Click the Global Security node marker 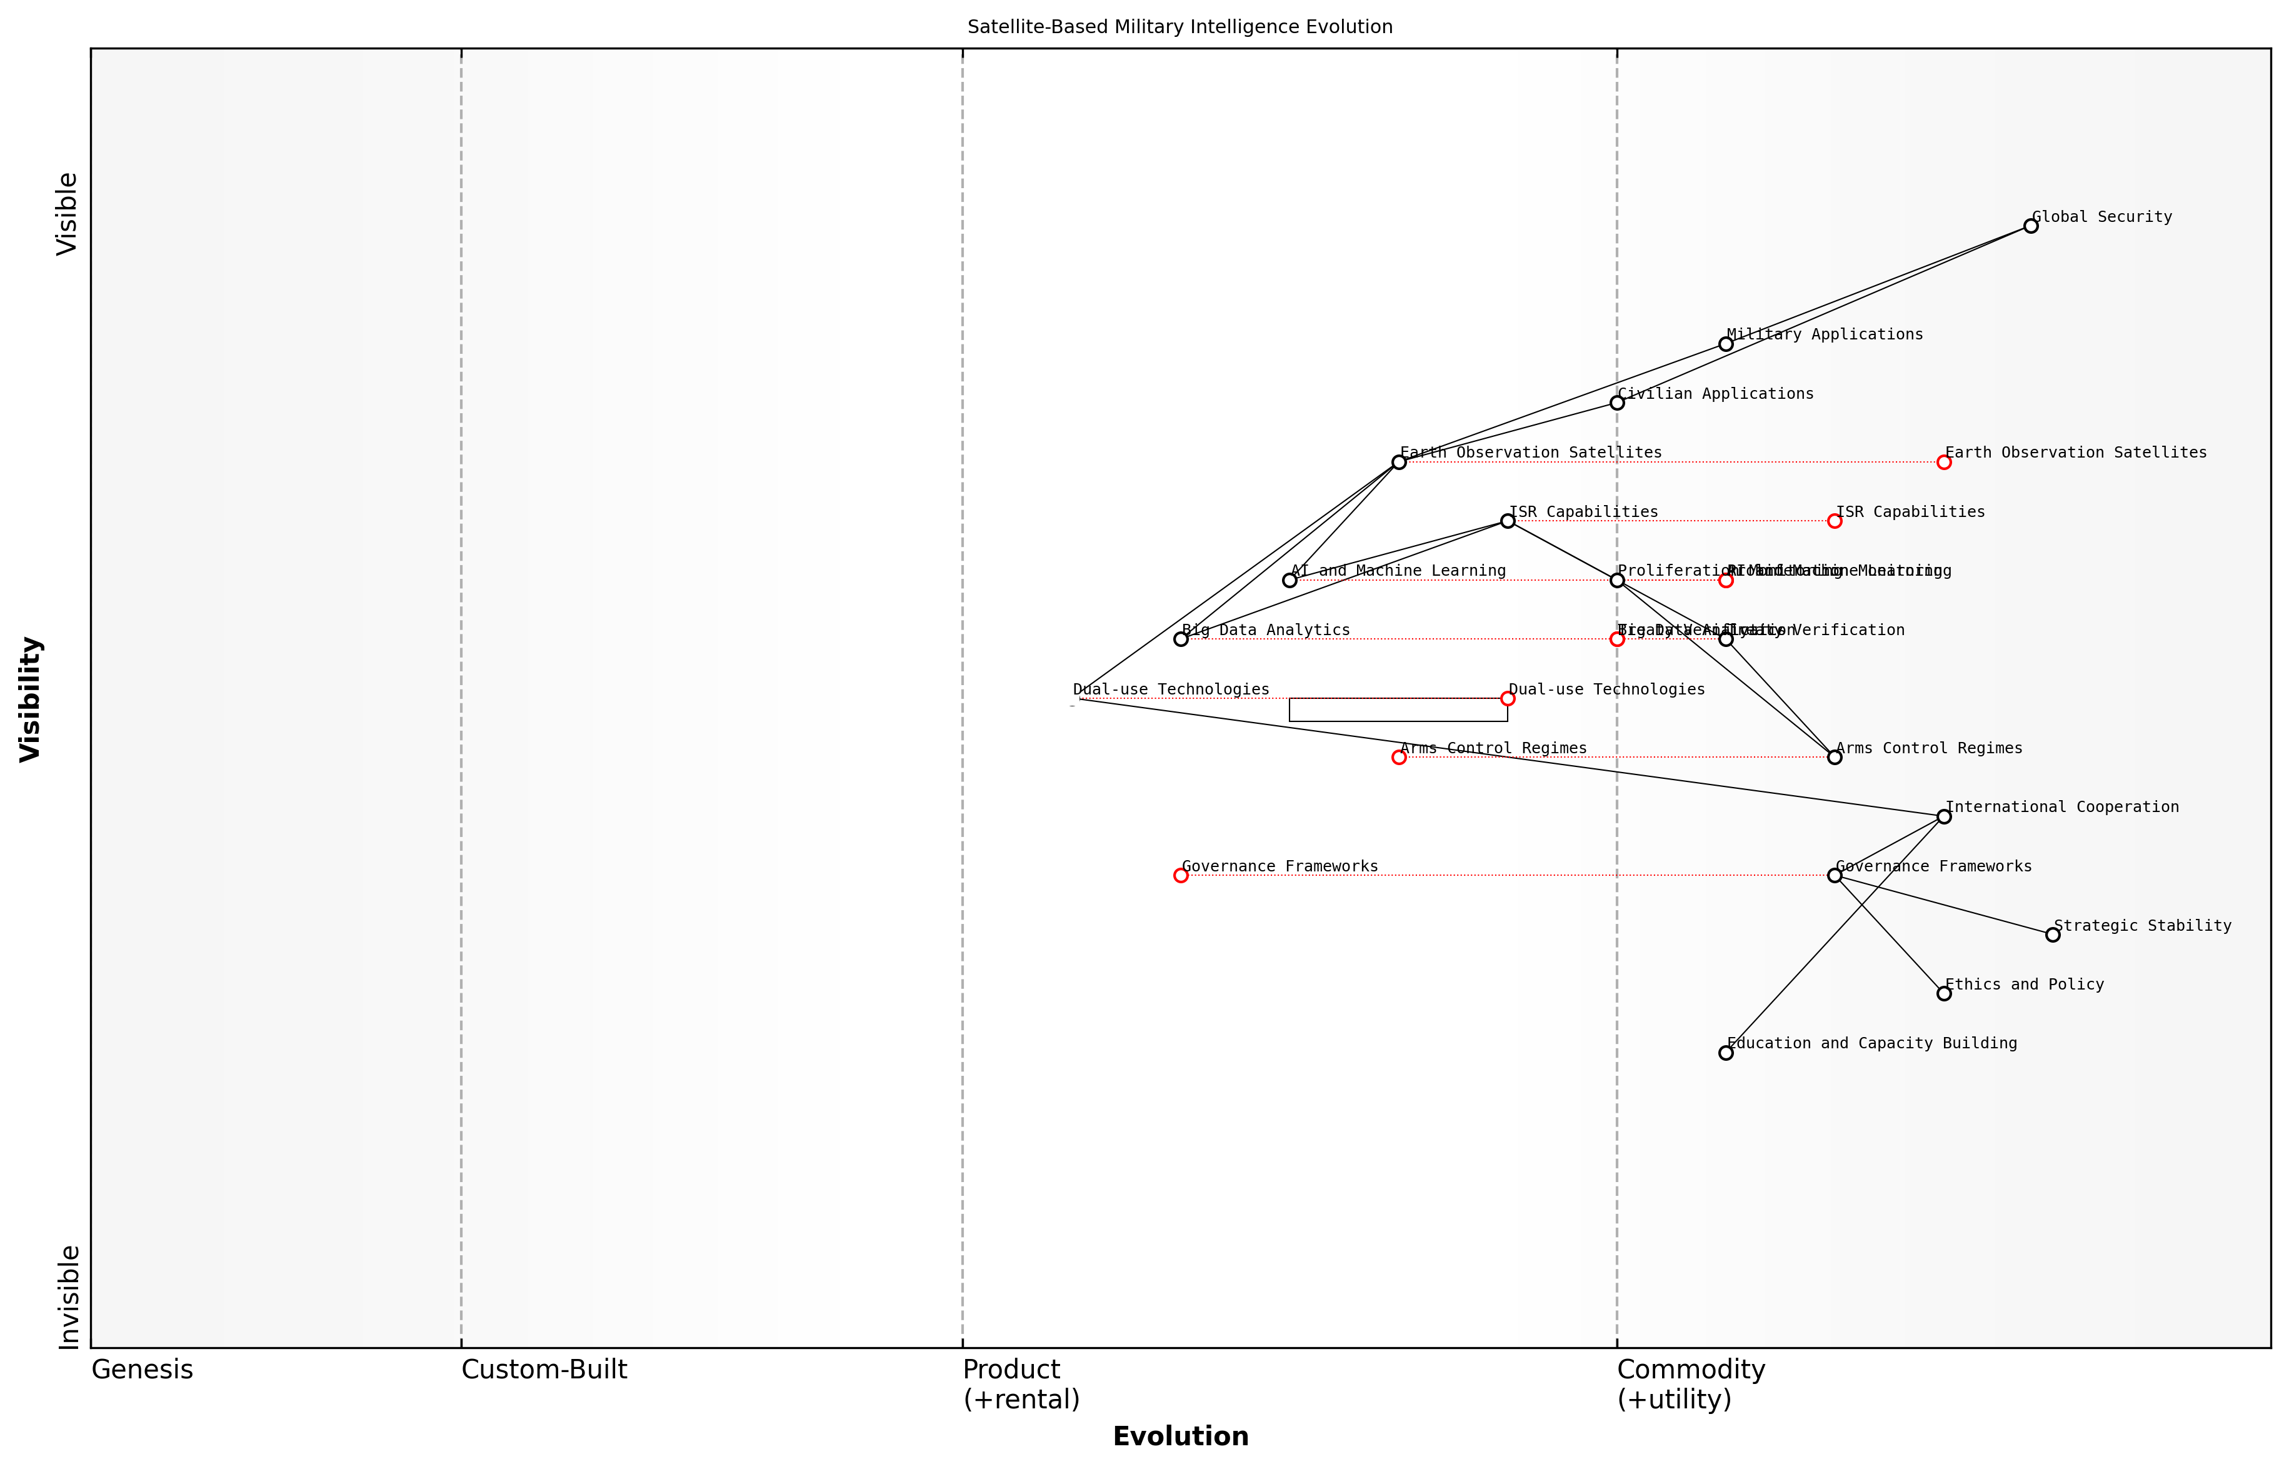click(x=2030, y=226)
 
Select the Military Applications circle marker click(x=1725, y=344)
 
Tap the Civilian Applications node click(x=1616, y=403)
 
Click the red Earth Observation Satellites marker click(x=1944, y=463)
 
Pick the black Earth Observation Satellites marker click(x=1398, y=463)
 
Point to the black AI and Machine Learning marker click(x=1290, y=581)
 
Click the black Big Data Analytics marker click(x=1181, y=639)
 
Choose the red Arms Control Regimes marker click(x=1398, y=758)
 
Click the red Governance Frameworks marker click(x=1181, y=876)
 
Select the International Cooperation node click(x=1944, y=816)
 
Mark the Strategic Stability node click(x=2053, y=935)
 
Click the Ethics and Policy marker click(x=1944, y=994)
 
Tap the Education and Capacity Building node click(x=1725, y=1053)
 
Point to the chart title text click(x=1180, y=27)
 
